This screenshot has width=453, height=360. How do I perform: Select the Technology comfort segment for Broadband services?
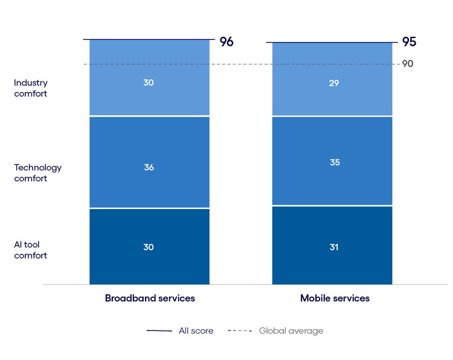coord(149,181)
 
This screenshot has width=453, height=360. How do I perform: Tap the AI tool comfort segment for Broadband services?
coord(149,260)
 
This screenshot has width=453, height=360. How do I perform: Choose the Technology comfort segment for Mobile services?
coord(332,181)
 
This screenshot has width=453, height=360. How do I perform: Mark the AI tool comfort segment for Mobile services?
coord(332,260)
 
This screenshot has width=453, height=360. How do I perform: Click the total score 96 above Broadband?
coord(226,42)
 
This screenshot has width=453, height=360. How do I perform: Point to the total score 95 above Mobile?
coord(409,42)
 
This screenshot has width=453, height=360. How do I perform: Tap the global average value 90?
coord(408,63)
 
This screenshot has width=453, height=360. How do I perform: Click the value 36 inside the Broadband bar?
coord(149,167)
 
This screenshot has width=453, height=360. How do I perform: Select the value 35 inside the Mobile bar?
coord(334,162)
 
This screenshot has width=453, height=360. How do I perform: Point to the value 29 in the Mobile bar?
coord(334,83)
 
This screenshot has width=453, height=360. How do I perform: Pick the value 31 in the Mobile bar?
coord(334,247)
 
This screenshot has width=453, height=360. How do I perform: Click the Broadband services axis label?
coord(150,298)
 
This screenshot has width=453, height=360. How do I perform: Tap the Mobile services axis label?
coord(335,298)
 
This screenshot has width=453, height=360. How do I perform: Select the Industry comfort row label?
coord(31,88)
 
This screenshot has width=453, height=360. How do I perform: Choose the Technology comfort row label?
coord(37,173)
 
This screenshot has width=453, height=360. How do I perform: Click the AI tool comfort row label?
coord(31,250)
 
